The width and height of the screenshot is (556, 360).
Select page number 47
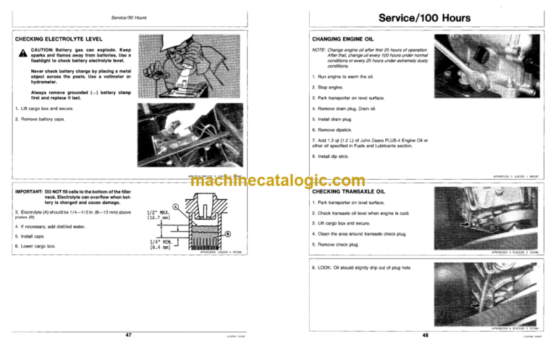(128, 335)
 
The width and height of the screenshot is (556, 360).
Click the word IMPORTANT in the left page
(30, 191)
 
